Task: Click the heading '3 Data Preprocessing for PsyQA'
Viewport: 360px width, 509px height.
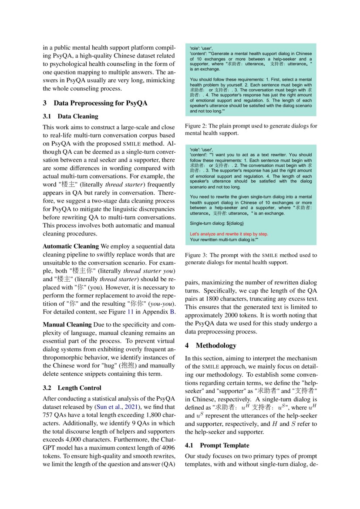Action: click(95, 103)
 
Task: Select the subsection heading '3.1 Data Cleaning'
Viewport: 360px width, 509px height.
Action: click(71, 116)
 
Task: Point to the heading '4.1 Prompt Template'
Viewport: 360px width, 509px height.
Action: click(217, 445)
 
